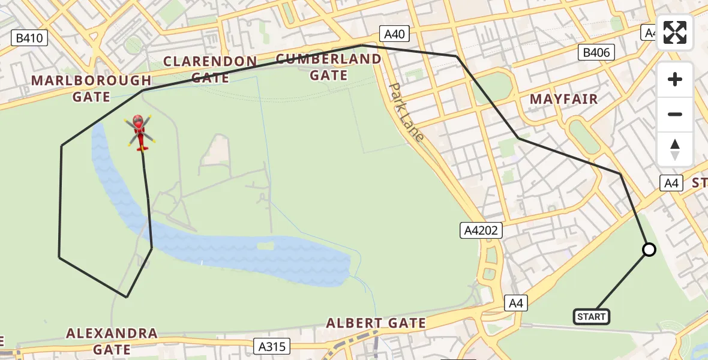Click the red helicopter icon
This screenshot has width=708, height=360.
pyautogui.click(x=140, y=131)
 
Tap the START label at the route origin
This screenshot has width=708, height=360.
pyautogui.click(x=592, y=316)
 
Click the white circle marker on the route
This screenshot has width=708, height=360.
pyautogui.click(x=649, y=250)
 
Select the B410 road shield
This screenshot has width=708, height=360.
pyautogui.click(x=29, y=38)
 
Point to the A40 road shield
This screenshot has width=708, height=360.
pyautogui.click(x=394, y=34)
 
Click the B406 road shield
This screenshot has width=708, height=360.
pyautogui.click(x=596, y=53)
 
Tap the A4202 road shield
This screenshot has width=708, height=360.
pyautogui.click(x=481, y=230)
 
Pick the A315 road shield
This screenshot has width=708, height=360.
pyautogui.click(x=272, y=346)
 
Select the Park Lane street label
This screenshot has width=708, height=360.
pyautogui.click(x=406, y=112)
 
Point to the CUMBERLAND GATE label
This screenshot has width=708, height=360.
pyautogui.click(x=329, y=67)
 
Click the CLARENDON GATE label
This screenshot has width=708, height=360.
pyautogui.click(x=210, y=70)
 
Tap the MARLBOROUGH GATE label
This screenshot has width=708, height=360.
pyautogui.click(x=91, y=88)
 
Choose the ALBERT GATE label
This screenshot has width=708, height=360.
pyautogui.click(x=376, y=323)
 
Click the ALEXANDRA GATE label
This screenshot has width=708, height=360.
pyautogui.click(x=112, y=341)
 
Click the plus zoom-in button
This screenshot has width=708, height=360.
pyautogui.click(x=675, y=80)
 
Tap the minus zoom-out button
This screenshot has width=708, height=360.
pyautogui.click(x=675, y=114)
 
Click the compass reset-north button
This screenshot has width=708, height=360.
pyautogui.click(x=675, y=149)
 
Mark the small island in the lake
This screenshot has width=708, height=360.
pyautogui.click(x=264, y=246)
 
